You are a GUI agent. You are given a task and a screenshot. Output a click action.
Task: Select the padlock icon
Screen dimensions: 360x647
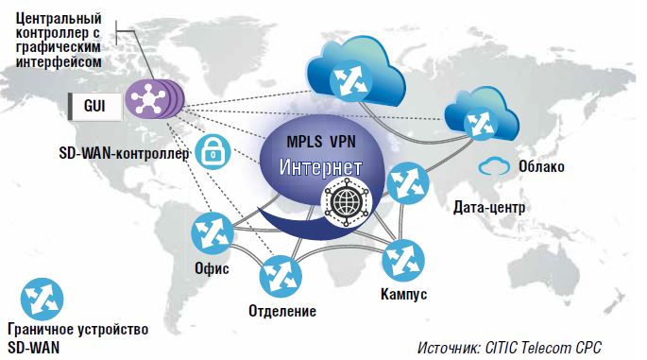tap(213, 150)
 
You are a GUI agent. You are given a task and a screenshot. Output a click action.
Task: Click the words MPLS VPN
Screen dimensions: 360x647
tap(324, 142)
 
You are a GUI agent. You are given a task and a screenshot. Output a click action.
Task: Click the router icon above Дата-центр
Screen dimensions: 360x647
tap(408, 180)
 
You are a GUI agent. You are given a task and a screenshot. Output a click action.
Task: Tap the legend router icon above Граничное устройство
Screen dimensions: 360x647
tap(42, 298)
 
